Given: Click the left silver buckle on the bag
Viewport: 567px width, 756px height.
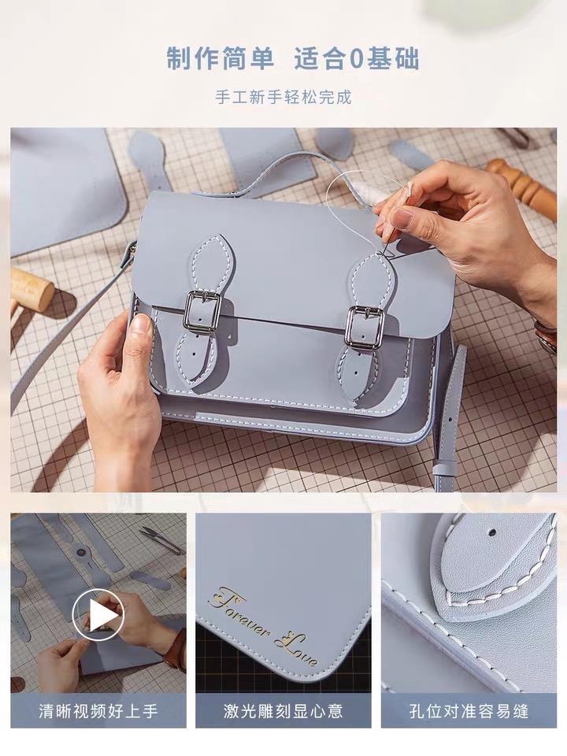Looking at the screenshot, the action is point(202,312).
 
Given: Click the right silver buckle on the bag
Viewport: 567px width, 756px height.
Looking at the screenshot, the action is point(365,326).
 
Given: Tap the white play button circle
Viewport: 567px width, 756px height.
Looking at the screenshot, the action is point(98,615).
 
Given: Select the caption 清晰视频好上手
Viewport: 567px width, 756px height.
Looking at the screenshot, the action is point(98,710).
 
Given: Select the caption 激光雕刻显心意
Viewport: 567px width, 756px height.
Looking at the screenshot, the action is point(283,710).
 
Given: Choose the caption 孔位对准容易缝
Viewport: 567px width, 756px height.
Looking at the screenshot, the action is point(469,710).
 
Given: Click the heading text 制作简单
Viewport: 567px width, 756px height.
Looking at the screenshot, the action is point(220,59).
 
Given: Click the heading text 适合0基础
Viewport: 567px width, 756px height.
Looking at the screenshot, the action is point(358,59).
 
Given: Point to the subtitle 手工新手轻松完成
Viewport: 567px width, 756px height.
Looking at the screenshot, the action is point(283,97).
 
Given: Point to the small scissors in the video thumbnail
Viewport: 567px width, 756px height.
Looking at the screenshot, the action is point(160,539).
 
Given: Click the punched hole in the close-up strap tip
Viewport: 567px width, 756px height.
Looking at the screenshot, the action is point(491,533).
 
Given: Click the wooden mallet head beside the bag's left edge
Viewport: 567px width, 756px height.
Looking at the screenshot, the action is point(31,288).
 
